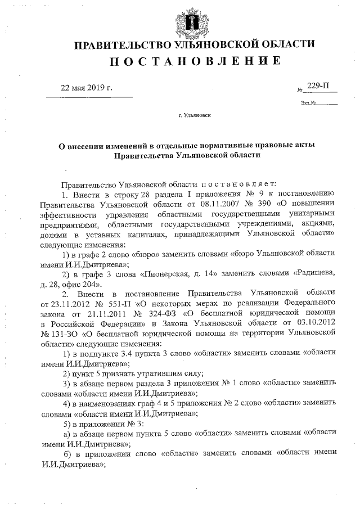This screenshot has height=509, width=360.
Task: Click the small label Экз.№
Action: [309, 103]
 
